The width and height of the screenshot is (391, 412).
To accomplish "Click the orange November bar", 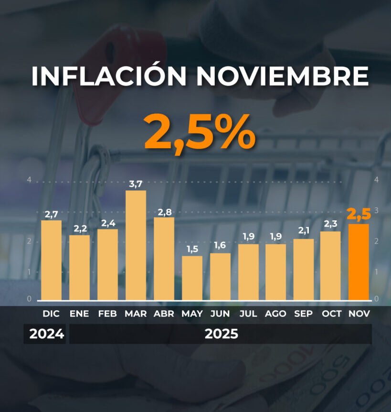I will [x=359, y=262].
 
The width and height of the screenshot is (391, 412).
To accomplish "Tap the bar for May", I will [x=192, y=278].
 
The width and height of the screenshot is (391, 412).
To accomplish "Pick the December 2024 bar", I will [x=51, y=260].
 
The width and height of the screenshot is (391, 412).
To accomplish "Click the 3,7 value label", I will [x=136, y=184].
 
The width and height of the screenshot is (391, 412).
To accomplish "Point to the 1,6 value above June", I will [x=220, y=245].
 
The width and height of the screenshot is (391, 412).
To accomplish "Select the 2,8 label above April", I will [x=164, y=212].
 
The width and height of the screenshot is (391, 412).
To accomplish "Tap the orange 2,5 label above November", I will [x=359, y=215].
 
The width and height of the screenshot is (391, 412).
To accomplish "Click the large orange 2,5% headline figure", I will [x=200, y=132].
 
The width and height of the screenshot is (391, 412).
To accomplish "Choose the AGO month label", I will [x=275, y=314].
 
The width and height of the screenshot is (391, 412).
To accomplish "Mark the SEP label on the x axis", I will [x=304, y=314].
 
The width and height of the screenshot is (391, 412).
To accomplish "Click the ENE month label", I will [x=79, y=314].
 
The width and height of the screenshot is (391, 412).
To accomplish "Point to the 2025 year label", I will [x=221, y=334].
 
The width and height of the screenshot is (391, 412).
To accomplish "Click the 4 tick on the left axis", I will [x=29, y=181].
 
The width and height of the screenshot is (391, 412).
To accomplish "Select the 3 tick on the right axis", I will [x=377, y=210].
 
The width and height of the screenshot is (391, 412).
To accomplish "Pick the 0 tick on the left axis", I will [x=29, y=299].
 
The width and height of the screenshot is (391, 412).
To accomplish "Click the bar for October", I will [x=330, y=266].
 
